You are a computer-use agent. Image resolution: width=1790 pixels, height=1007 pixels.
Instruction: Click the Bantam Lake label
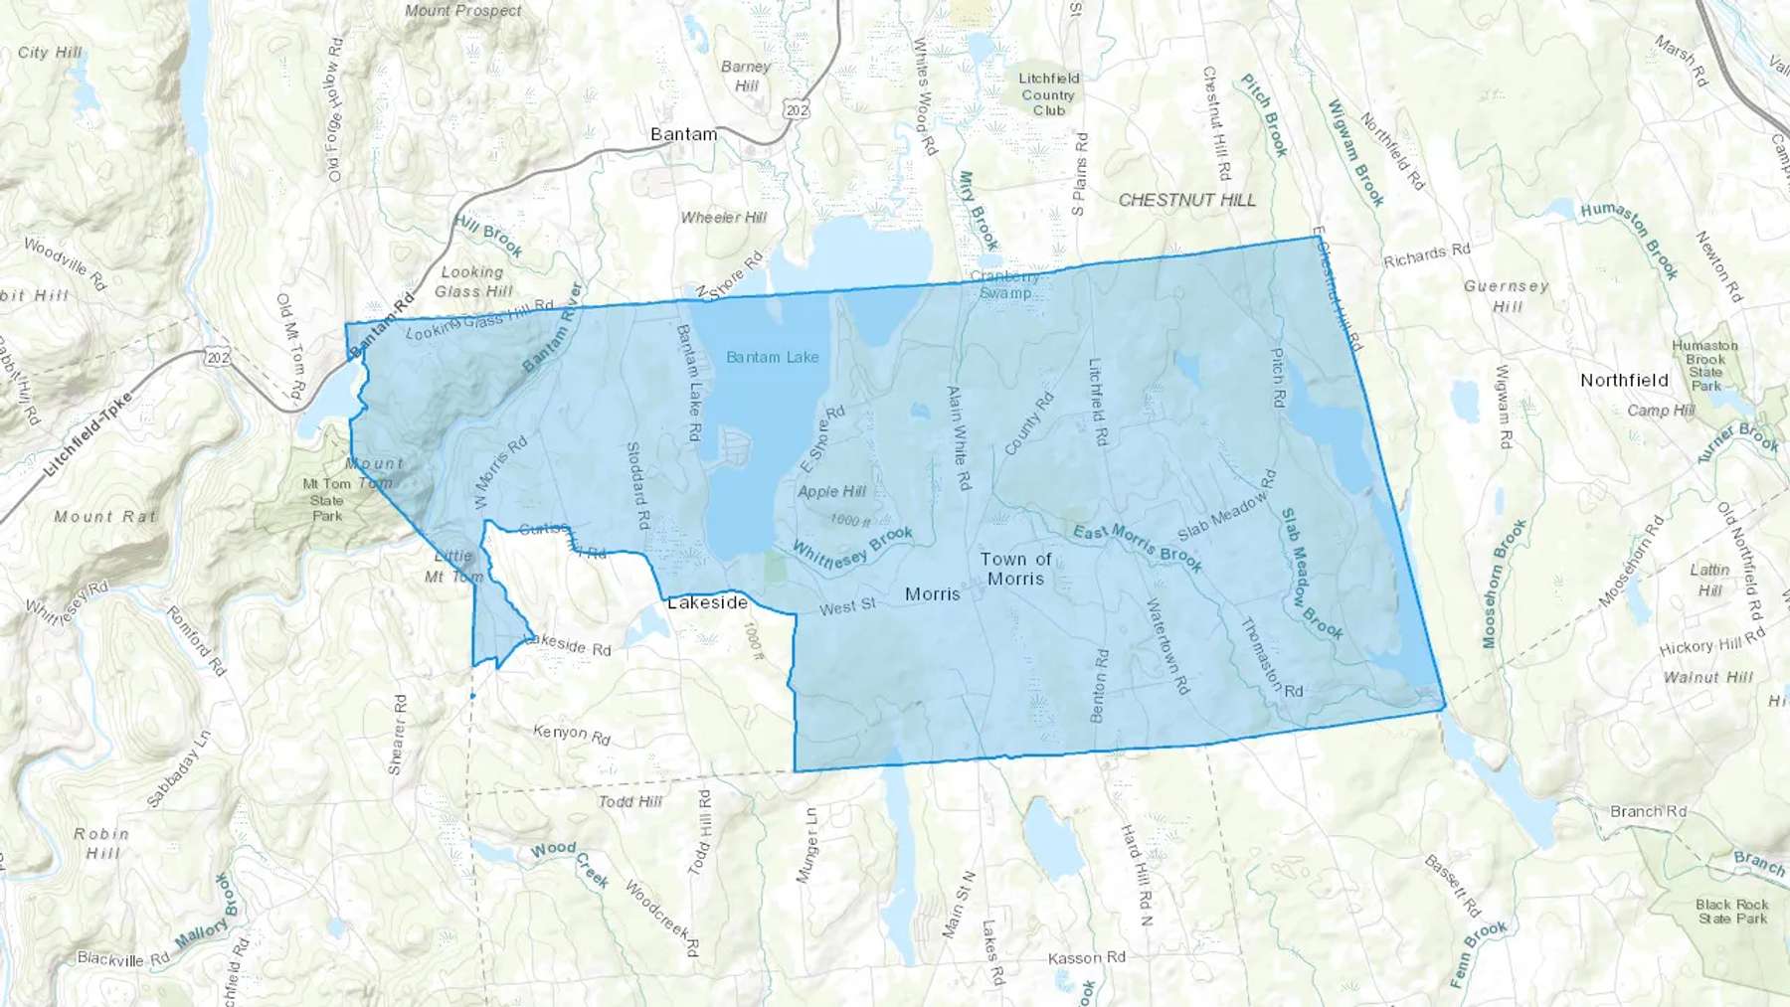772,357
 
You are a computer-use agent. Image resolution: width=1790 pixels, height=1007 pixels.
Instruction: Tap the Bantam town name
683,134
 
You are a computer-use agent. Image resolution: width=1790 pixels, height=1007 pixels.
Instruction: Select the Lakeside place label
707,602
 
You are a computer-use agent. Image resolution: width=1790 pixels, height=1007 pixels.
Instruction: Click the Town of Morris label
1015,569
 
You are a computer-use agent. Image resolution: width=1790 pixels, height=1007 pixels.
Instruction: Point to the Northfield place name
1624,380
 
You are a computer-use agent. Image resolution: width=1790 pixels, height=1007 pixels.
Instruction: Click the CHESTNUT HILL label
1186,200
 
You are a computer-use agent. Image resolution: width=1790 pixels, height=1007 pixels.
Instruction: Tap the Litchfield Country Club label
1048,94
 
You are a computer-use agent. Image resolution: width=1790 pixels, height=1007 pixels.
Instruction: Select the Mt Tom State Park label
327,500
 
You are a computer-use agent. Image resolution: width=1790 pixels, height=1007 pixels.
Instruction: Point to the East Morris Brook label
1138,548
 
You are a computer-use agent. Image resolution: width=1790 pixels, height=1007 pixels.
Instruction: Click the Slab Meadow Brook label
1310,575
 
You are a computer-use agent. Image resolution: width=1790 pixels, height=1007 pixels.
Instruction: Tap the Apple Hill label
831,491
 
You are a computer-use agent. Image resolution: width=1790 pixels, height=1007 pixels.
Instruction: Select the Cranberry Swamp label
1004,284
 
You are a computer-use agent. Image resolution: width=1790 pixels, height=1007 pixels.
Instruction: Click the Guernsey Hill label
1506,296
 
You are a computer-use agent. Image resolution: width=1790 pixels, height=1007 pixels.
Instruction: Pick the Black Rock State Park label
1731,912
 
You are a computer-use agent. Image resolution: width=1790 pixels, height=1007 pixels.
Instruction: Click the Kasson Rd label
1086,957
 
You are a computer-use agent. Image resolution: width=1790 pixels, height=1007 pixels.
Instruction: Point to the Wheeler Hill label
723,218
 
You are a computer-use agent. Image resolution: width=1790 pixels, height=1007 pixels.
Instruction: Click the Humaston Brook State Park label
1704,366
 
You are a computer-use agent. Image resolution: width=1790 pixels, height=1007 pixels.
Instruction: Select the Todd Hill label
629,801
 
